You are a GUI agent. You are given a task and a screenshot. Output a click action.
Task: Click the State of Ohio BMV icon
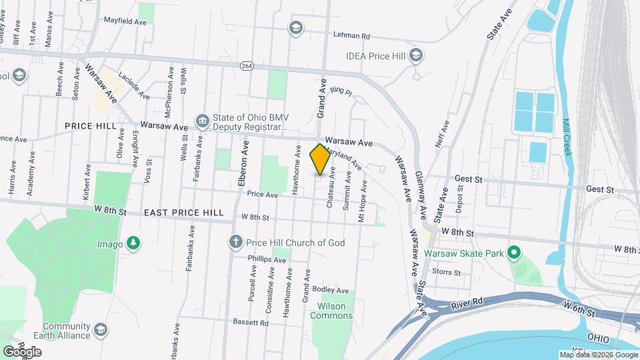(201, 120)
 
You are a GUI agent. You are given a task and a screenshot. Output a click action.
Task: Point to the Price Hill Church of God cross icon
(235, 243)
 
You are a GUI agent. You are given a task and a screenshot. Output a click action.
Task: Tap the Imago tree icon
(134, 243)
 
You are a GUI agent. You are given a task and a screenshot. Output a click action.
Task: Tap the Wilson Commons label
(331, 311)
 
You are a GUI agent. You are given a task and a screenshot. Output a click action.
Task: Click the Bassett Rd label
(250, 323)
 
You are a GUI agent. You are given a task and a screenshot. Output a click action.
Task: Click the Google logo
(22, 351)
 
